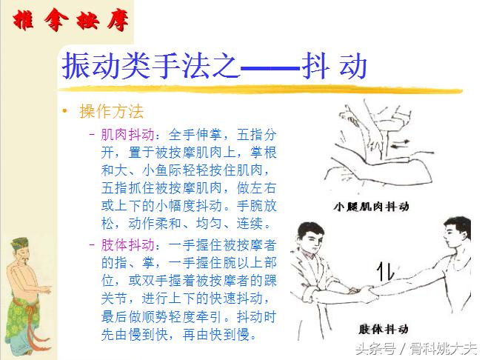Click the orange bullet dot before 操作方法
pos(64,112)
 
